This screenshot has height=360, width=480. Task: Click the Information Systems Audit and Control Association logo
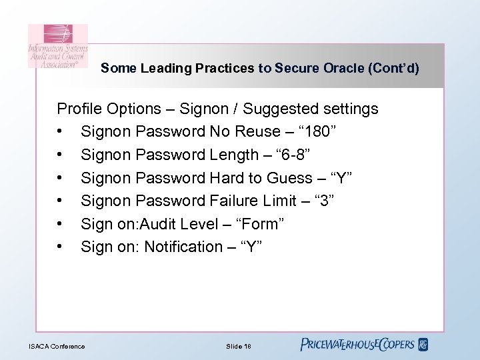(57, 45)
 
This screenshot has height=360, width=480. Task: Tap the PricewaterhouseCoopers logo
(364, 345)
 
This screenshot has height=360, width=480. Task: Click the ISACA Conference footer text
(57, 346)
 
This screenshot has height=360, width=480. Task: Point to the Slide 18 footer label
(239, 346)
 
